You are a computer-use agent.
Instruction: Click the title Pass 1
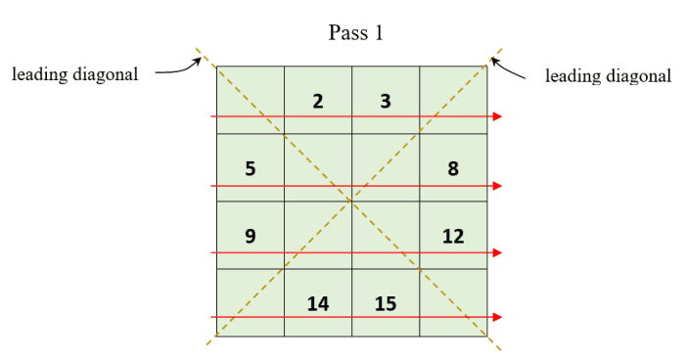(x=356, y=33)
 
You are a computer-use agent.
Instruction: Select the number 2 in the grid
(x=318, y=100)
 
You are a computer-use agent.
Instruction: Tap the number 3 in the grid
(x=386, y=100)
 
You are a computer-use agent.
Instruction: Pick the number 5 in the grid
(x=251, y=168)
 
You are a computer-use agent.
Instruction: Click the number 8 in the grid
(x=453, y=168)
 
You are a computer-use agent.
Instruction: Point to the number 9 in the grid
(x=251, y=236)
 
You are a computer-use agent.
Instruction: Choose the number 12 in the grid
(x=453, y=236)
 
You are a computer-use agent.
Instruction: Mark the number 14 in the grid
(x=318, y=303)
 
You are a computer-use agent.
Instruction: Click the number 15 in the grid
(x=386, y=303)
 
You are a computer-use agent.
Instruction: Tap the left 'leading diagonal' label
(x=75, y=75)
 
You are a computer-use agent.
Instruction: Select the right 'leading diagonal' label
(x=608, y=75)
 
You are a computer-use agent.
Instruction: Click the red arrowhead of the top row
(x=498, y=116)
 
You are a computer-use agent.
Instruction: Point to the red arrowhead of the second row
(x=498, y=185)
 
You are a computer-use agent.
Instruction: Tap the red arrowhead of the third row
(x=498, y=252)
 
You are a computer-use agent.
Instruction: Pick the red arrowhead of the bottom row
(x=498, y=317)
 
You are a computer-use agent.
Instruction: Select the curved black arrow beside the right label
(x=510, y=68)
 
